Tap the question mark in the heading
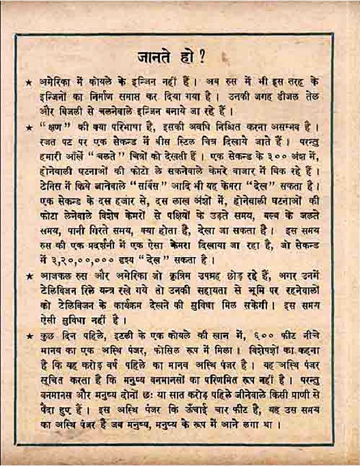pyautogui.click(x=202, y=58)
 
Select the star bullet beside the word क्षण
pyautogui.click(x=29, y=127)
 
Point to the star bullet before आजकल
pyautogui.click(x=29, y=276)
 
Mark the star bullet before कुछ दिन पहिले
pyautogui.click(x=29, y=336)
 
